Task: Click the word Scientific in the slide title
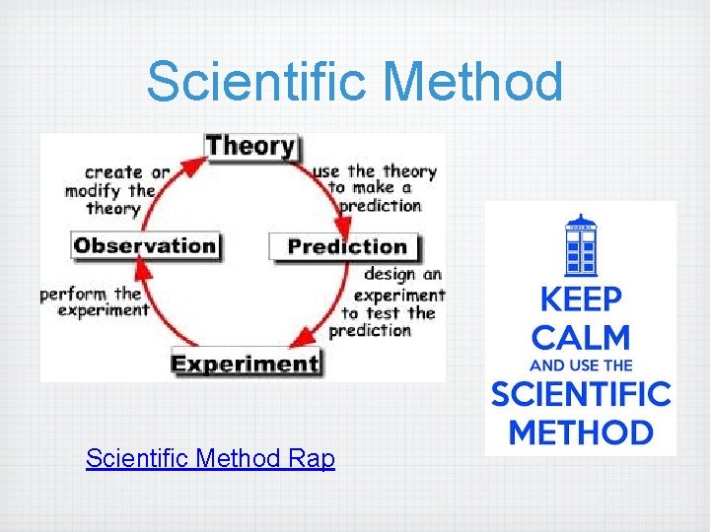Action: point(259,82)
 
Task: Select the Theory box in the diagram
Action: point(250,147)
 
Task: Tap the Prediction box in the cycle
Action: point(346,246)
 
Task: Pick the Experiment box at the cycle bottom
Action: point(246,363)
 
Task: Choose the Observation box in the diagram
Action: point(145,245)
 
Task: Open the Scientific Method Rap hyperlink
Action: point(210,459)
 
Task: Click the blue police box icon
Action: point(581,245)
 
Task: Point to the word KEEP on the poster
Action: point(580,299)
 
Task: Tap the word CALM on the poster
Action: point(580,338)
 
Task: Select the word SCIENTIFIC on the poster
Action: point(580,395)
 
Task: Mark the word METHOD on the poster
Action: point(580,432)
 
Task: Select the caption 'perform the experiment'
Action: point(95,301)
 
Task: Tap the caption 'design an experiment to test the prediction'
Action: point(388,302)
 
